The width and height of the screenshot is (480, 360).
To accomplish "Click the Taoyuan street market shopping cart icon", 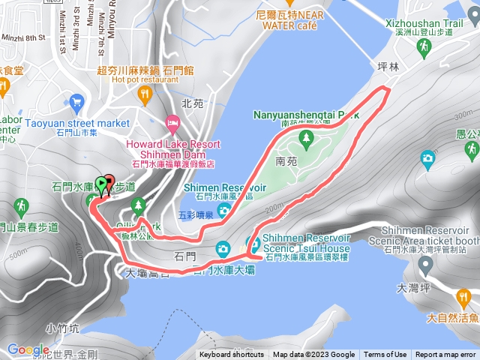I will coord(76,101).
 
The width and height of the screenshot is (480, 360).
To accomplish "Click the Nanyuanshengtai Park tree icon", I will coord(306,138).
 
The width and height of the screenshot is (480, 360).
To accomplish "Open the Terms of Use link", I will coord(385,355).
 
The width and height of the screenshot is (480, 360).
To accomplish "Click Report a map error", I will coord(445,355).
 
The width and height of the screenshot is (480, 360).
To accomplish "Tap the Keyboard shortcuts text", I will coord(232,355).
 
